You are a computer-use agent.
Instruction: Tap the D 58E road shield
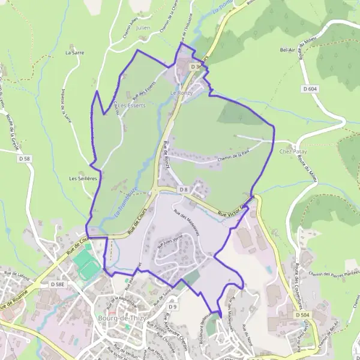point(57,283)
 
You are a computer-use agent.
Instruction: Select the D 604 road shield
point(310,89)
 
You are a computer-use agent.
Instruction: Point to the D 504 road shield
point(302,314)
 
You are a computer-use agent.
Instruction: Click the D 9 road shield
point(173,307)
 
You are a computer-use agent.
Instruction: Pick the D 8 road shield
point(184,190)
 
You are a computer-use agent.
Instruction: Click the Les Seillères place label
point(83,178)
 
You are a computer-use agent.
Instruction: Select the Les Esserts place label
point(132,105)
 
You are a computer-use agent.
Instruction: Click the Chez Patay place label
point(293,152)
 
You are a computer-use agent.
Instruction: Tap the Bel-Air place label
point(290,50)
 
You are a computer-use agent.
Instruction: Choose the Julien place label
point(142,28)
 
